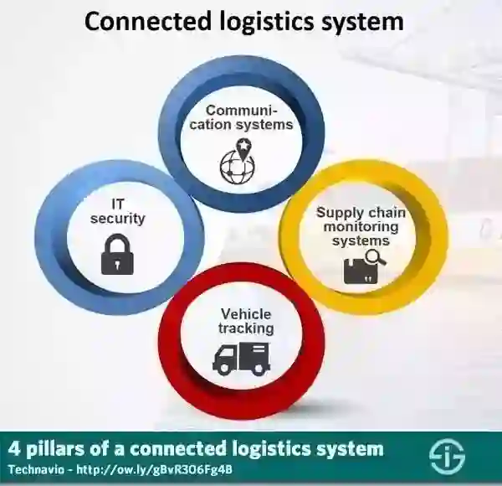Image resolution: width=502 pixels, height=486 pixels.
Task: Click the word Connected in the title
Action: [x=141, y=20]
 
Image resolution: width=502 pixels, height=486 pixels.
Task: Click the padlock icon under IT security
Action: [x=117, y=254]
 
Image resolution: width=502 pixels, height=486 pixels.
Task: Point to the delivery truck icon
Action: [x=241, y=357]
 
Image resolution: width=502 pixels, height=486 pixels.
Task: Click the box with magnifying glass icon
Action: [x=363, y=268]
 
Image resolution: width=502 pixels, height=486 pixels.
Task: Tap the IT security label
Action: [x=117, y=211]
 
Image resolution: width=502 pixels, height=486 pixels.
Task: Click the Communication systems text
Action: [x=249, y=117]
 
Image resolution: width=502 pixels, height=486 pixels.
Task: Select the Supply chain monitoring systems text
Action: [x=361, y=226]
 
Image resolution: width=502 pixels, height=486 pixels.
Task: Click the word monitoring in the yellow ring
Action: [x=361, y=227]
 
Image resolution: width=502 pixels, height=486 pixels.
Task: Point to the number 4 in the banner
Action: [x=14, y=448]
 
